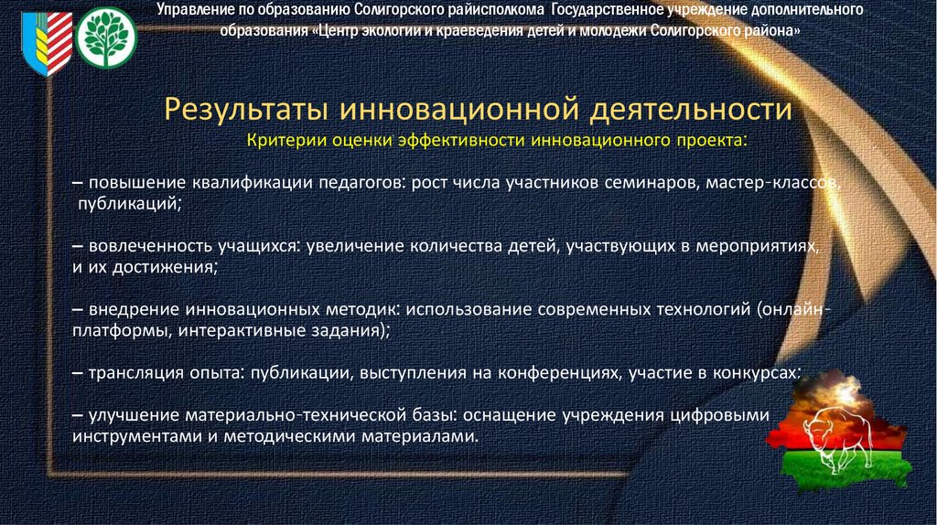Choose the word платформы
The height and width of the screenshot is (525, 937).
[118, 332]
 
